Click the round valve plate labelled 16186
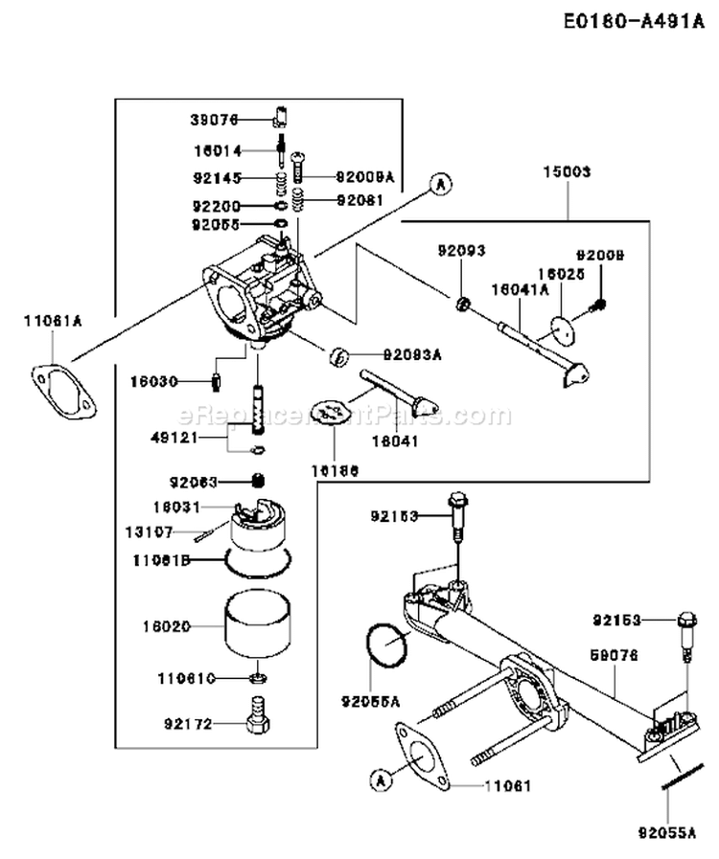(x=333, y=414)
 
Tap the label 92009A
(x=365, y=176)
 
